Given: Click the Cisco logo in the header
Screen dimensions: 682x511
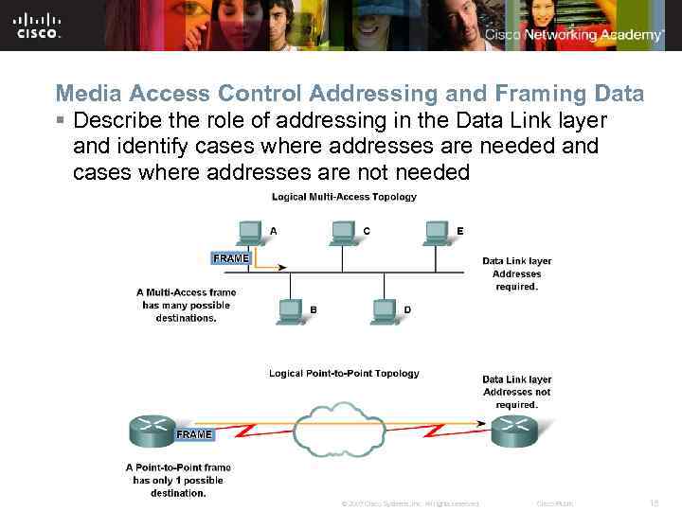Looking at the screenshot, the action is pos(38,26).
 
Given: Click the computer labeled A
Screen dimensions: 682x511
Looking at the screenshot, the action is pos(250,232).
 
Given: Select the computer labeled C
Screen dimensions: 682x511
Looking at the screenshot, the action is pos(343,232).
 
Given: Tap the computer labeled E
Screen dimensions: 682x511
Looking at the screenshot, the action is pos(436,232).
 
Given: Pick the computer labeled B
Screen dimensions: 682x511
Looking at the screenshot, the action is pos(290,310).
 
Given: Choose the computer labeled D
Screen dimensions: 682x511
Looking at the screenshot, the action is pos(384,310).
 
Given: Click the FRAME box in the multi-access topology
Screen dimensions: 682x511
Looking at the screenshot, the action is pos(230,258).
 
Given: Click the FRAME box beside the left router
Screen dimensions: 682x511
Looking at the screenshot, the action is pos(194,434).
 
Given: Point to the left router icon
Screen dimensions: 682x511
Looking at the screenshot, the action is pos(151,430).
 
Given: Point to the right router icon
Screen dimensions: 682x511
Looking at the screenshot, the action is pos(514,430).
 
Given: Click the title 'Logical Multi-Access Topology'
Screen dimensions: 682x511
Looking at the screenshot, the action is pos(344,197).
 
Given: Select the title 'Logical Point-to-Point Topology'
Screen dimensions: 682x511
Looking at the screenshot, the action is pos(344,373).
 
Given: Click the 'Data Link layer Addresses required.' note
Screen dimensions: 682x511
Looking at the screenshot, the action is pos(516,273).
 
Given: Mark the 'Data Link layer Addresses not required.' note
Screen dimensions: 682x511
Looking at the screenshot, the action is pos(516,392).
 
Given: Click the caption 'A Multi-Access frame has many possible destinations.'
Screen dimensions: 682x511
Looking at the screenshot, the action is pos(187,305).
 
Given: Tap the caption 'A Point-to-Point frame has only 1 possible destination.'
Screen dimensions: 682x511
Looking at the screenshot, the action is pos(178,480).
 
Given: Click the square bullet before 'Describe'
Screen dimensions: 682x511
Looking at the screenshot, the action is pos(60,121).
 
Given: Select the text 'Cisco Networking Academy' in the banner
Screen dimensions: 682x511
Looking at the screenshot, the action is pos(574,35).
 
